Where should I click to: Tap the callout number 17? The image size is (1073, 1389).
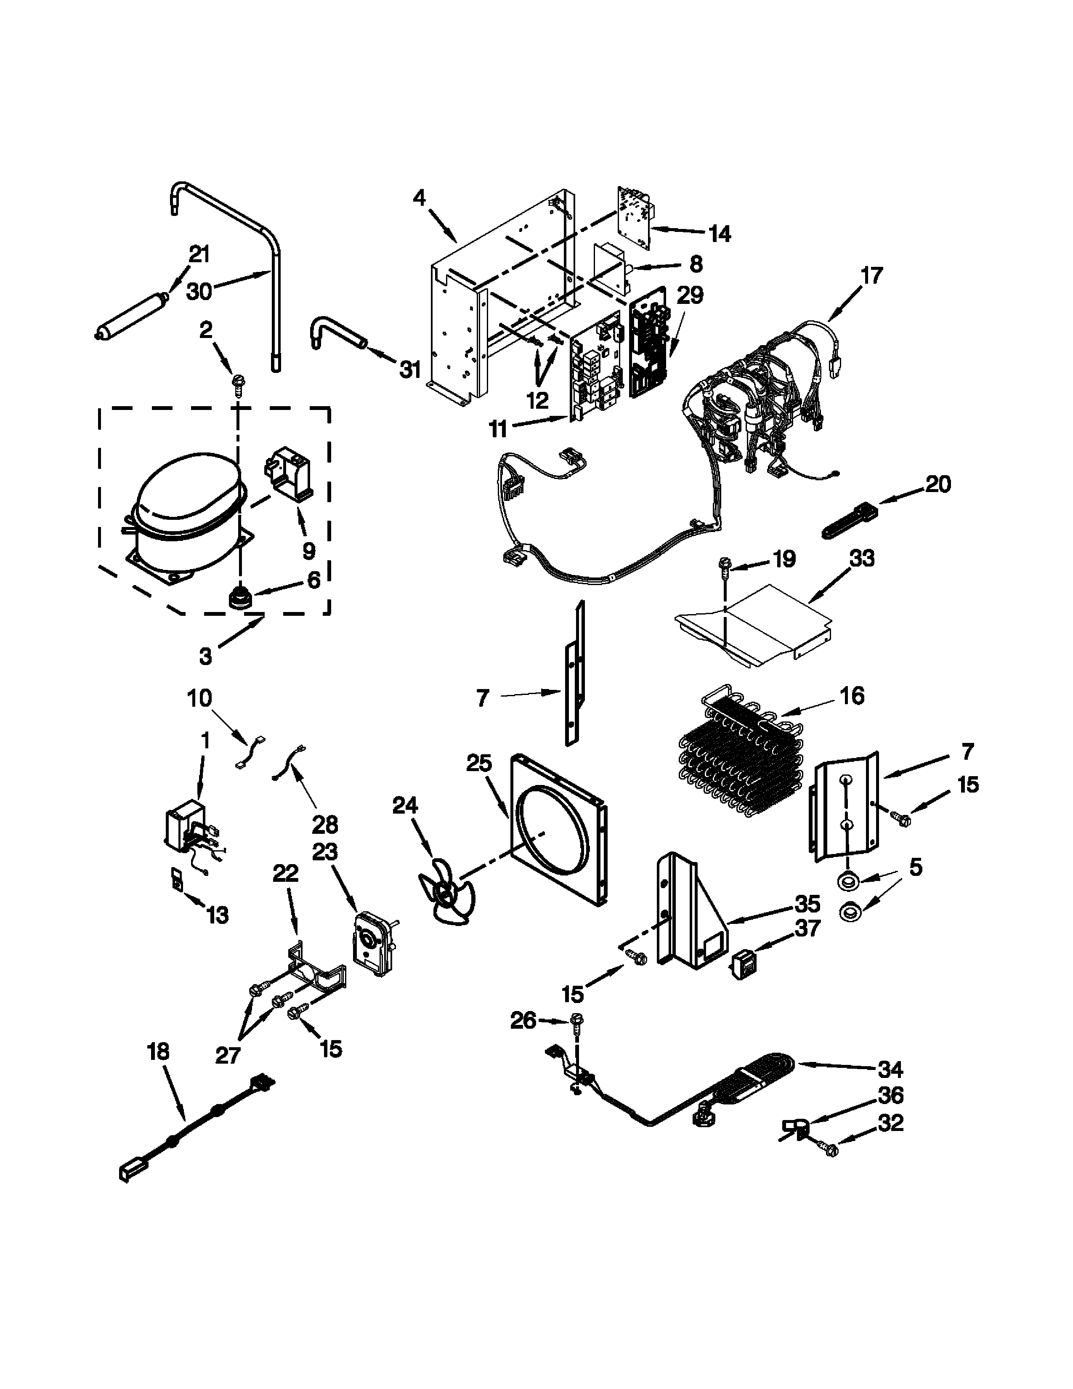(872, 276)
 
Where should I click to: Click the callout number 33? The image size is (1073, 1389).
(861, 559)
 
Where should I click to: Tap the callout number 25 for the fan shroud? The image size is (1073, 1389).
(479, 763)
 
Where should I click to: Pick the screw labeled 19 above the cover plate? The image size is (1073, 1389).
(725, 564)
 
